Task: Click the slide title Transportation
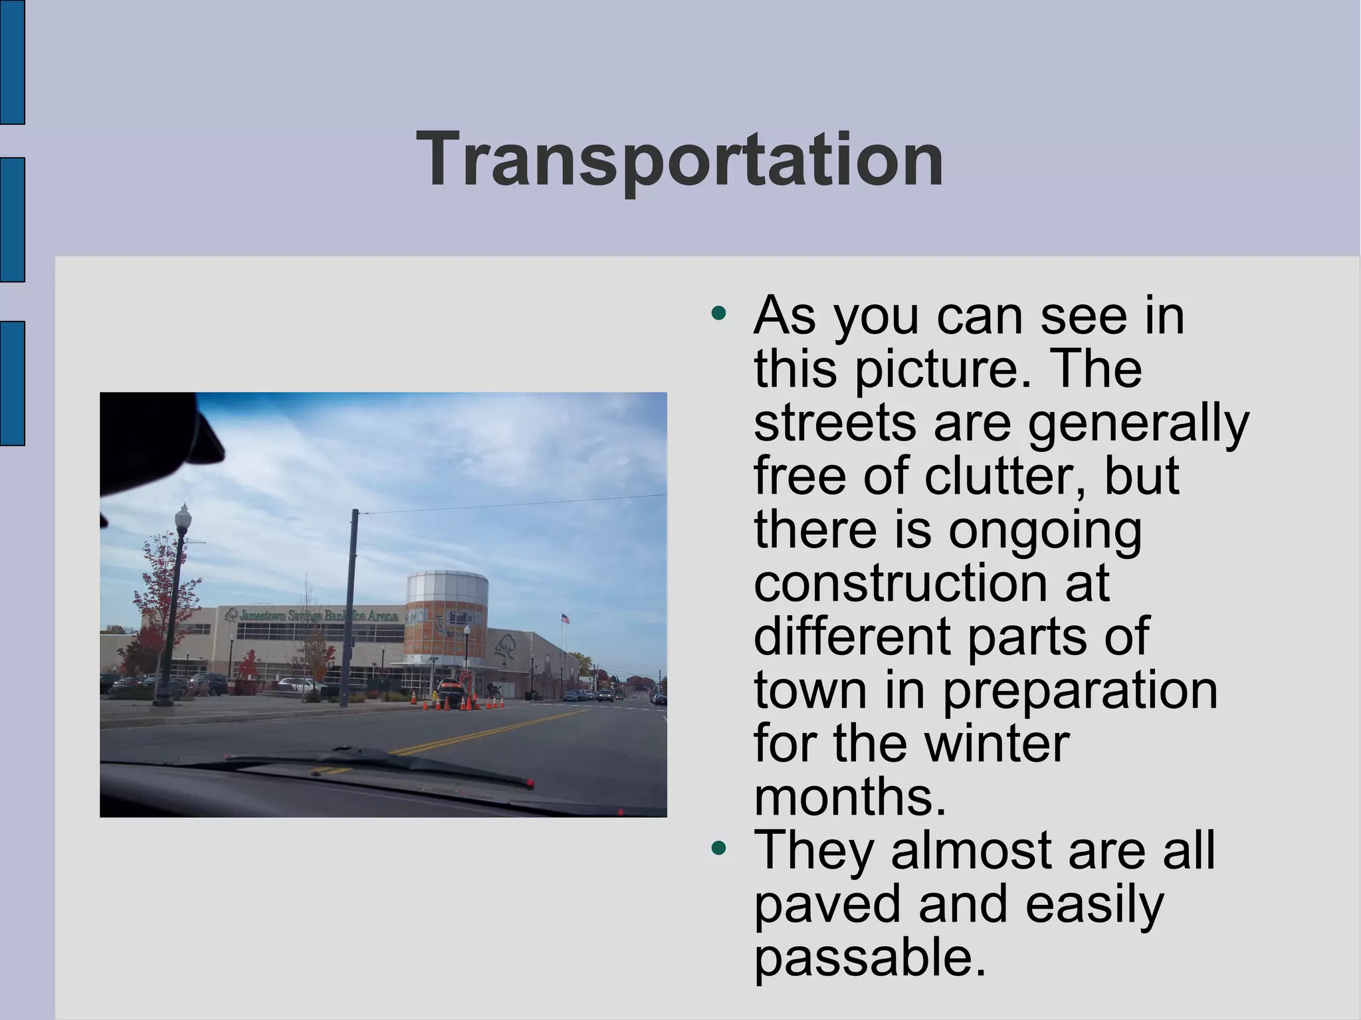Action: (x=679, y=159)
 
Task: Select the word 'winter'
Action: (x=997, y=743)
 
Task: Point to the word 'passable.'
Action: (x=870, y=958)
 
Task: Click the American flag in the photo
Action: (x=566, y=618)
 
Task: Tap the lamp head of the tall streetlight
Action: (x=183, y=517)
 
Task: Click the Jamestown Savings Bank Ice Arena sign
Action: (x=312, y=615)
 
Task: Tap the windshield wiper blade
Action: (x=379, y=764)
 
